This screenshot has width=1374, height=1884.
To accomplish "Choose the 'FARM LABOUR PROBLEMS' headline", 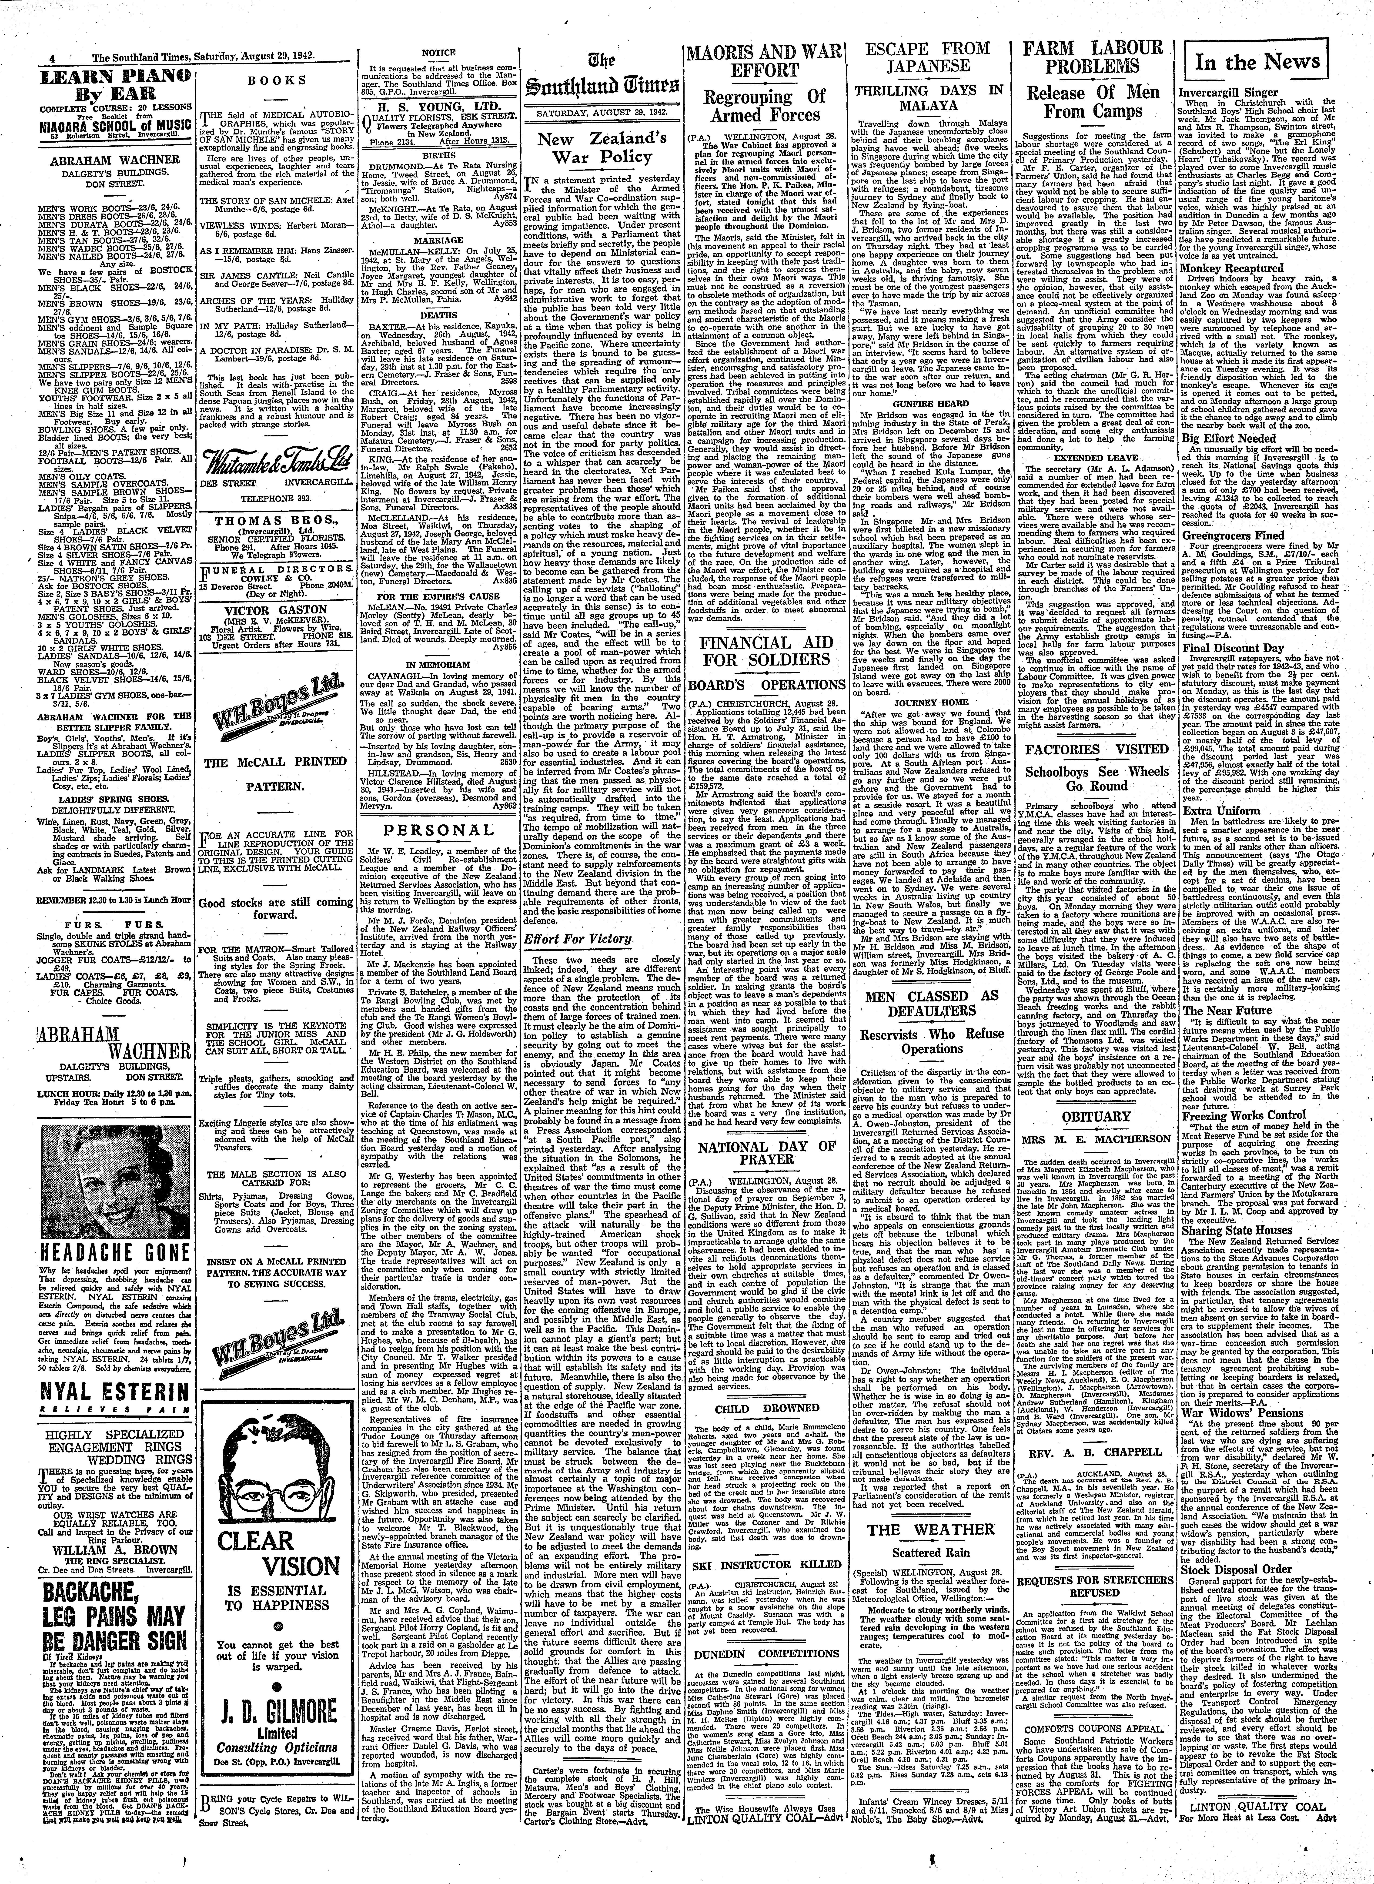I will click(x=1093, y=57).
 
